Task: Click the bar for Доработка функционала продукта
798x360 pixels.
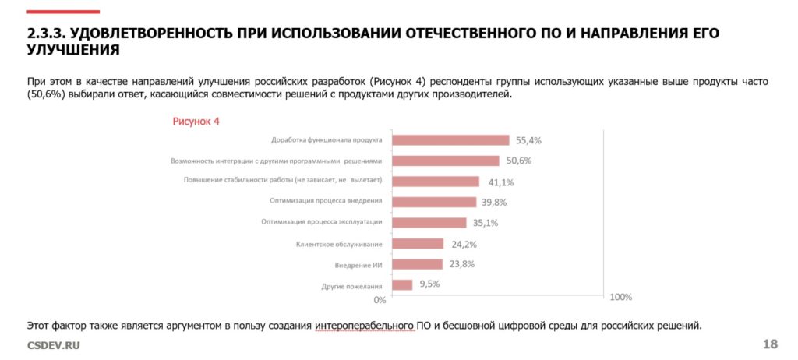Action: [450, 140]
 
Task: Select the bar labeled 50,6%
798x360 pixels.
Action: [445, 161]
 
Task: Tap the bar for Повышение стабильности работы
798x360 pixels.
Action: [435, 182]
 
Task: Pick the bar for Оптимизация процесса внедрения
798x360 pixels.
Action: [433, 202]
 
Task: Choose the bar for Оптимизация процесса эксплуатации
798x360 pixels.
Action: [429, 223]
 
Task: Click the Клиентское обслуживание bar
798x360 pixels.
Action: [417, 244]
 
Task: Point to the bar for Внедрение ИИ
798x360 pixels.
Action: [417, 264]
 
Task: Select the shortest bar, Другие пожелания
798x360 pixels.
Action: [402, 285]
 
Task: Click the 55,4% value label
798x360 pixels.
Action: [528, 141]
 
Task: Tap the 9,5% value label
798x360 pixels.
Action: [429, 284]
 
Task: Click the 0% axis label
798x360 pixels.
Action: [380, 299]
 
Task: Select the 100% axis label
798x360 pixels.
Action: [620, 298]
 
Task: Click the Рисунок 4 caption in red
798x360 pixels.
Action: [196, 121]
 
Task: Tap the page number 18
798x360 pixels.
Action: [770, 344]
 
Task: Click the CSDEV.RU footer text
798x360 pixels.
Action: [54, 345]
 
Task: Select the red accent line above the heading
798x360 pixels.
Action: [63, 12]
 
